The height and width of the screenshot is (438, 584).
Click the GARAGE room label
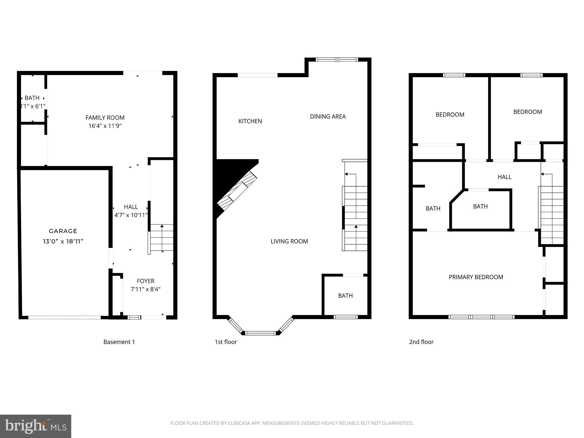click(x=63, y=231)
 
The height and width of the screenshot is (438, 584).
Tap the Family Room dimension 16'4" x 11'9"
click(x=105, y=126)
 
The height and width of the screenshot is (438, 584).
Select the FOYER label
click(x=146, y=281)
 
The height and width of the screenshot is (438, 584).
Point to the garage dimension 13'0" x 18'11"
click(x=63, y=241)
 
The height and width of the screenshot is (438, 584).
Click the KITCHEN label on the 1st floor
click(x=250, y=121)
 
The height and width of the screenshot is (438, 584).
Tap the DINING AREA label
click(x=328, y=117)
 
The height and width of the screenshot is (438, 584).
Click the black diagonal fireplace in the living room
click(x=231, y=184)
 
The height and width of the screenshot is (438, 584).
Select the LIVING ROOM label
click(x=289, y=241)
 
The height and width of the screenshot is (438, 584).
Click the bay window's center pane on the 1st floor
click(x=260, y=333)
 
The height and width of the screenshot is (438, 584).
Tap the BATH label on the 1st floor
click(x=345, y=296)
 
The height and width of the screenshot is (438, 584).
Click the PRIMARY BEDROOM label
click(x=476, y=277)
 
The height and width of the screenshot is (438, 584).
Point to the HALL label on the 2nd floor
click(x=504, y=177)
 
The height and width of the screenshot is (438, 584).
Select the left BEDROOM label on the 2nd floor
click(x=450, y=115)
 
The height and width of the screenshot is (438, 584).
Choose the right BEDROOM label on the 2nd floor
click(x=527, y=112)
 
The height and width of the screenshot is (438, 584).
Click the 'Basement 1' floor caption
click(x=119, y=342)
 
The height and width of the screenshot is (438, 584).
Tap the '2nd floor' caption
click(x=421, y=342)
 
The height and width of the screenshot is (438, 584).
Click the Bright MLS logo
click(x=36, y=426)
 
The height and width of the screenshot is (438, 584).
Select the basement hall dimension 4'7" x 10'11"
click(x=131, y=215)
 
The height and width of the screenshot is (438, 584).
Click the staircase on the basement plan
click(x=162, y=238)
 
